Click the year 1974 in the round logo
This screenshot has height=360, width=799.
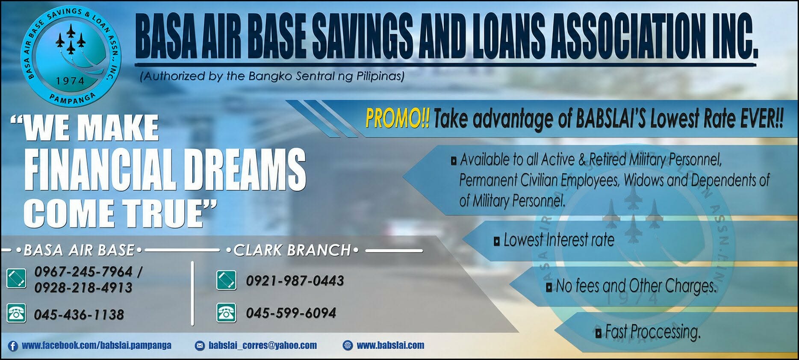tap(70, 81)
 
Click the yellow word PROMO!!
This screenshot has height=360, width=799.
tap(398, 118)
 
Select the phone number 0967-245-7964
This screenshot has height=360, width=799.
tap(84, 271)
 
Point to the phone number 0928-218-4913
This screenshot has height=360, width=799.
tap(83, 287)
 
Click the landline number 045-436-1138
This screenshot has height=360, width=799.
tap(79, 315)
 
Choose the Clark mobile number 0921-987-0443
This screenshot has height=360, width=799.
tap(295, 280)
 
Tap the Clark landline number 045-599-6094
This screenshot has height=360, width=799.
tap(291, 313)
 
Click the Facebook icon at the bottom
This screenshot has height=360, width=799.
tap(13, 346)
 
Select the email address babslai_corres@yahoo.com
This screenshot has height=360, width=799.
tap(263, 345)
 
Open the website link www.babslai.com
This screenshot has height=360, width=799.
tap(391, 345)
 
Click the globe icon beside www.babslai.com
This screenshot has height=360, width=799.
tap(348, 345)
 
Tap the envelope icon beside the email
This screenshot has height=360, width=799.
tap(200, 345)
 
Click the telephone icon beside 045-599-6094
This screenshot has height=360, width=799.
tap(226, 313)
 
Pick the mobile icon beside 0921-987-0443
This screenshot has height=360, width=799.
tap(226, 280)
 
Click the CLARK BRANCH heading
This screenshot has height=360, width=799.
tap(292, 250)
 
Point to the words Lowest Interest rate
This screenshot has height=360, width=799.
tap(559, 240)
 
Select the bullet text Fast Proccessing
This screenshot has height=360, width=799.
tap(653, 332)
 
